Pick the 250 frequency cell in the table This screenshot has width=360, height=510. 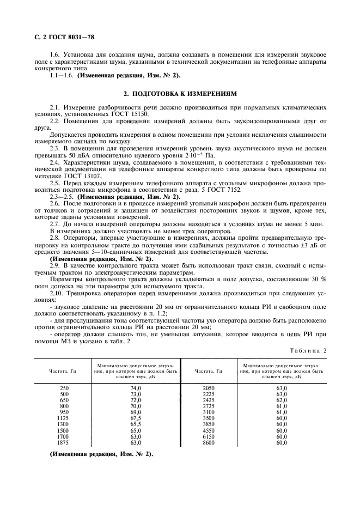click(64, 387)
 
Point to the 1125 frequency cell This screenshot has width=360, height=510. click(64, 418)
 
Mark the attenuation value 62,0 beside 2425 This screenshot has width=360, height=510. click(281, 400)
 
